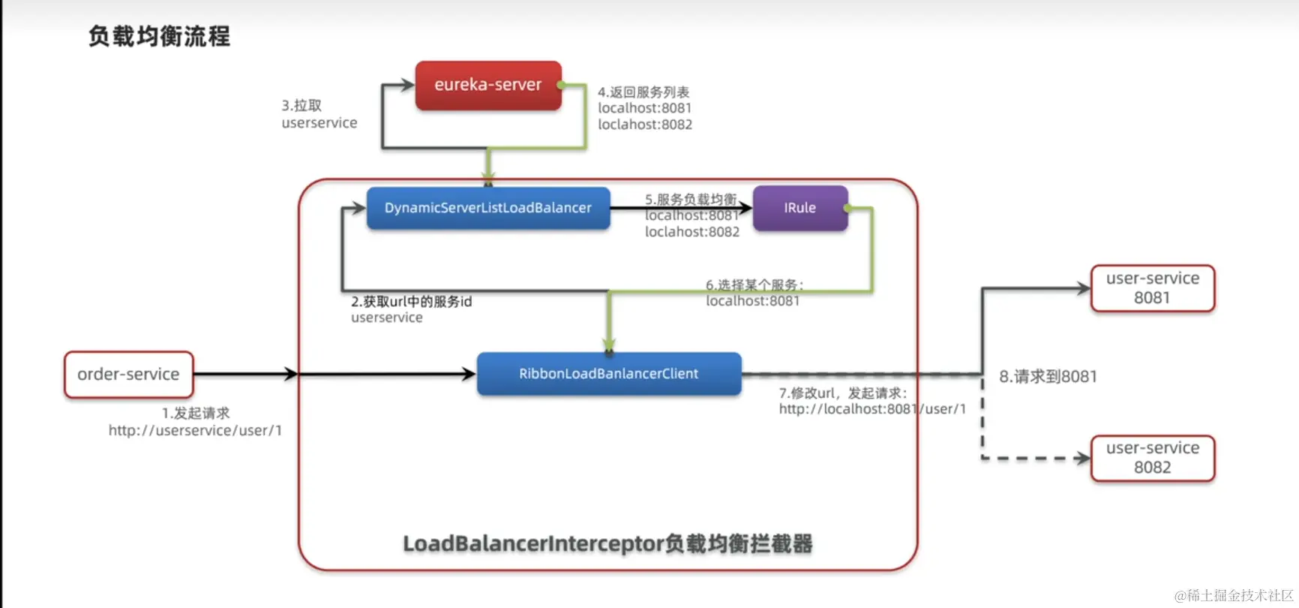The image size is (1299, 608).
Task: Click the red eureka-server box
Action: [x=488, y=86]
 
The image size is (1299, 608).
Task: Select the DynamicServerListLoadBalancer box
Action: [x=488, y=208]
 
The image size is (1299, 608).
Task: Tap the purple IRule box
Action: [x=799, y=208]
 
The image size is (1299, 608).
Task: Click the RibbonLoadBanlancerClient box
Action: [x=609, y=374]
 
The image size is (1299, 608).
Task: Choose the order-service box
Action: [x=128, y=375]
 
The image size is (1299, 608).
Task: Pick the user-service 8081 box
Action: [x=1152, y=288]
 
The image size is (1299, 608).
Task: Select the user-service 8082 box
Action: [x=1152, y=458]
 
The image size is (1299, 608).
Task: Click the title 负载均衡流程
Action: [x=159, y=36]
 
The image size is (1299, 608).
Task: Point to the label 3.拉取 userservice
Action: [x=319, y=114]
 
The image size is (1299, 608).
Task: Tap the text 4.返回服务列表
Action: [x=643, y=92]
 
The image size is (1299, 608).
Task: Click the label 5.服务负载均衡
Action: [x=691, y=200]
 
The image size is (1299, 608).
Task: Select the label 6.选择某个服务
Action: [x=754, y=285]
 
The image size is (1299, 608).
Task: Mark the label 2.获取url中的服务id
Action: [x=412, y=302]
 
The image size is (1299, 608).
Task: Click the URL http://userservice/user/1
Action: [x=195, y=431]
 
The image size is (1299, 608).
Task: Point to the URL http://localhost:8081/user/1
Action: [x=872, y=409]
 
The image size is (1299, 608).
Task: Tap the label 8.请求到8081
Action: [x=1048, y=377]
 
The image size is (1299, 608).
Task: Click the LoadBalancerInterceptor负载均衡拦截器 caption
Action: [x=607, y=543]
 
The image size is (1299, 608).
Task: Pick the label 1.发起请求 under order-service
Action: [x=196, y=414]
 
